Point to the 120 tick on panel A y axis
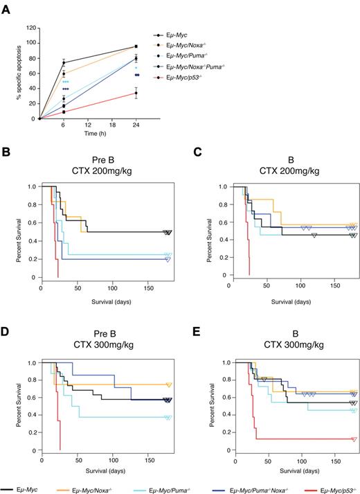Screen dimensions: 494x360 click(x=30, y=28)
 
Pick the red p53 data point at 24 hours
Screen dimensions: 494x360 click(x=136, y=93)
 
